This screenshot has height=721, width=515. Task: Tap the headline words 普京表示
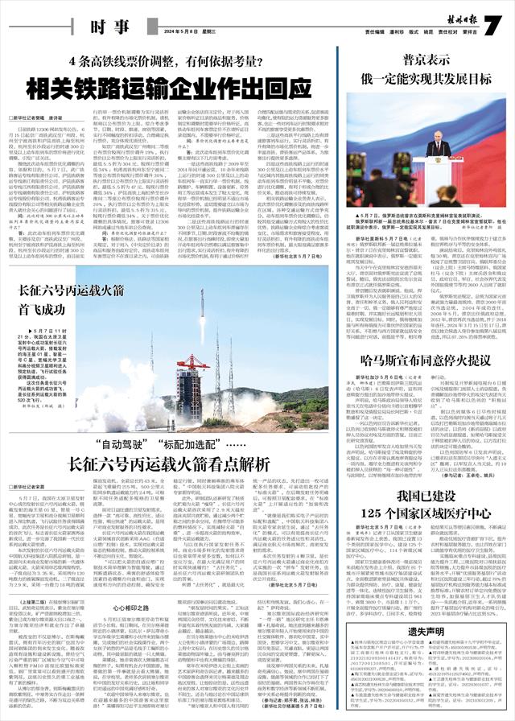426,60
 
